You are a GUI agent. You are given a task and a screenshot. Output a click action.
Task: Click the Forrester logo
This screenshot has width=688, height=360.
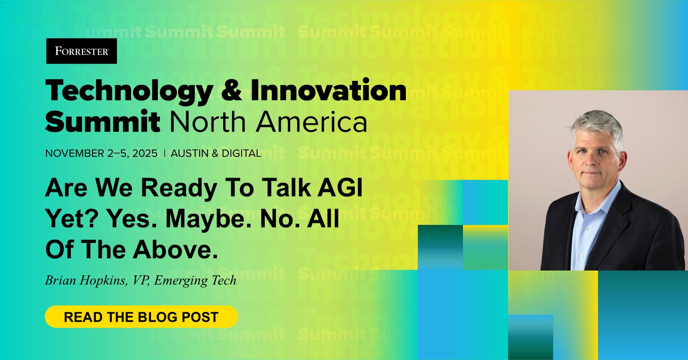pos(81,51)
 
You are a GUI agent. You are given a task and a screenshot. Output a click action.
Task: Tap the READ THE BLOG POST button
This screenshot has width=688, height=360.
pos(141,317)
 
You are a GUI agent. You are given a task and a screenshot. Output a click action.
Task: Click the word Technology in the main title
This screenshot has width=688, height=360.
pos(129,91)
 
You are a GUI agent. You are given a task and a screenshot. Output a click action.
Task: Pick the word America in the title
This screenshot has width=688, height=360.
pos(311,122)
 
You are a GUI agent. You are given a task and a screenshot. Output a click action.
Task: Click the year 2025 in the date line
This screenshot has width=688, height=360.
pos(144,153)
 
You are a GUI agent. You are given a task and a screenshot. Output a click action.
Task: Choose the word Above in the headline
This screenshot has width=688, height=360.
pos(175,249)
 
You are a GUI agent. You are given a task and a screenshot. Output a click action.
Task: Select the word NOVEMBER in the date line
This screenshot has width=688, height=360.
pos(75,153)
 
